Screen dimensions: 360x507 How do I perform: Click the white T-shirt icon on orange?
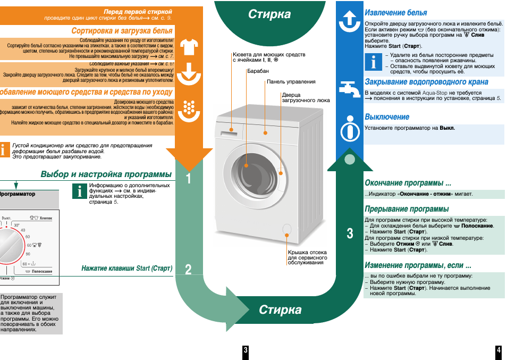pos(189,48)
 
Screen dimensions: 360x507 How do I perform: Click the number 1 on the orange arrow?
pos(189,179)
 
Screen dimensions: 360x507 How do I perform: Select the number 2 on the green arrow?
pos(189,270)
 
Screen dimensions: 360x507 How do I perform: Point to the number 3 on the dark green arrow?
pos(350,233)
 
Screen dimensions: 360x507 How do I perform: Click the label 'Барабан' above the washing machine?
pos(258,71)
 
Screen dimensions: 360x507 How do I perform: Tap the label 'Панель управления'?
pos(291,82)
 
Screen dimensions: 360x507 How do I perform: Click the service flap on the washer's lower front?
pos(287,229)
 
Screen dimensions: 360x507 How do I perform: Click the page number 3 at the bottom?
pos(246,350)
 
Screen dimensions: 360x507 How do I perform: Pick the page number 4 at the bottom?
pos(498,350)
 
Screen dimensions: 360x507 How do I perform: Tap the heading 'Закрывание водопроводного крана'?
pos(426,82)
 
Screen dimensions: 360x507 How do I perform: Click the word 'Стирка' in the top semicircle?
pos(269,14)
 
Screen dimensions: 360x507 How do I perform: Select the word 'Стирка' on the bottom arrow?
pos(280,310)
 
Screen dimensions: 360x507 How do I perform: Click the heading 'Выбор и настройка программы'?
pos(106,174)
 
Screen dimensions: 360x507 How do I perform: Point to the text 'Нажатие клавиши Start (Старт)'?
pos(127,269)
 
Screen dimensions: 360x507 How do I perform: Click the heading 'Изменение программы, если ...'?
pos(418,265)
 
